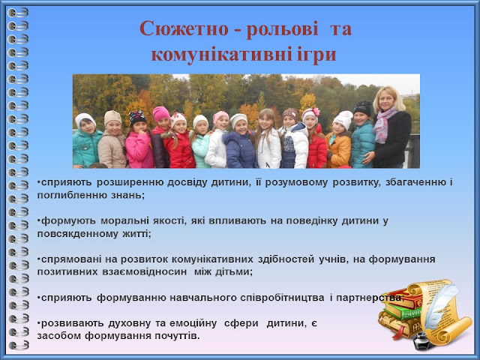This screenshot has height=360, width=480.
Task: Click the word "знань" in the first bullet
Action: (129, 195)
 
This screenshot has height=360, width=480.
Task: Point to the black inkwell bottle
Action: (421, 341)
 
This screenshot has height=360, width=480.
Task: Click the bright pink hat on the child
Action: (161, 113)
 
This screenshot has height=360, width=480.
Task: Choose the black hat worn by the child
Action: (362, 108)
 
